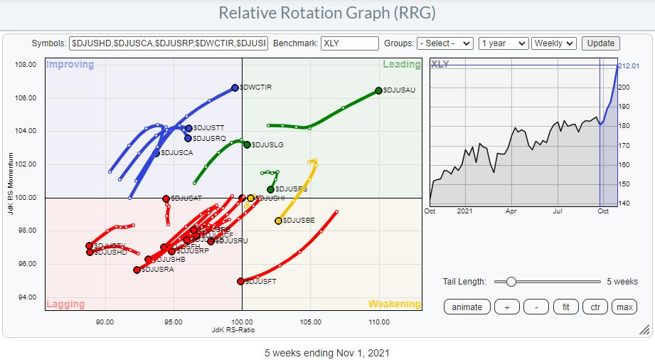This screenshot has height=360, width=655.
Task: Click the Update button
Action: (600, 43)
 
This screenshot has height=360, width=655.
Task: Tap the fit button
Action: (566, 307)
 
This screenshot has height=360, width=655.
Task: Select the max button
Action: (624, 307)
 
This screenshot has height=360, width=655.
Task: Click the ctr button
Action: (595, 307)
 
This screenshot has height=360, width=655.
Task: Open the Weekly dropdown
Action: (553, 43)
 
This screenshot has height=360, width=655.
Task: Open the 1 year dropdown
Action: (504, 43)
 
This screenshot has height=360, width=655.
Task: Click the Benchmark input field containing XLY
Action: (349, 43)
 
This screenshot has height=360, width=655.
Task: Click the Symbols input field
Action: (169, 43)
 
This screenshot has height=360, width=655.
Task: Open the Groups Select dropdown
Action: (445, 43)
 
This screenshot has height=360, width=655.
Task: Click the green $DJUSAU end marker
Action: (378, 90)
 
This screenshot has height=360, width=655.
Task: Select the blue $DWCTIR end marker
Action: (235, 88)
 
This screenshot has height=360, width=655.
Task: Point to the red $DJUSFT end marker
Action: (241, 281)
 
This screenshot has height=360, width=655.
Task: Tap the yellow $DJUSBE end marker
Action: (278, 221)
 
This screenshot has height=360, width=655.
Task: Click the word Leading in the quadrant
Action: (401, 65)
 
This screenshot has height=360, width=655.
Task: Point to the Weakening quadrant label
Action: (394, 304)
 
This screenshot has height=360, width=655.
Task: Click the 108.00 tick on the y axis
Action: (26, 65)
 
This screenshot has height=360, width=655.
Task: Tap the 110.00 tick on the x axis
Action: (378, 321)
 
